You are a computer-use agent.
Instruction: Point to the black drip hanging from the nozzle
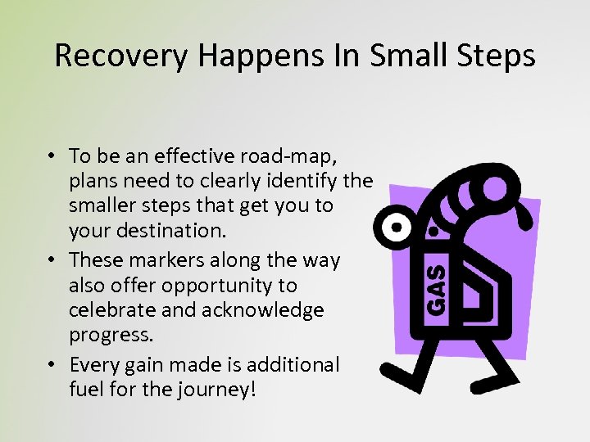pyautogui.click(x=434, y=232)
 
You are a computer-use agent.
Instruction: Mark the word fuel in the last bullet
pyautogui.click(x=87, y=389)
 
